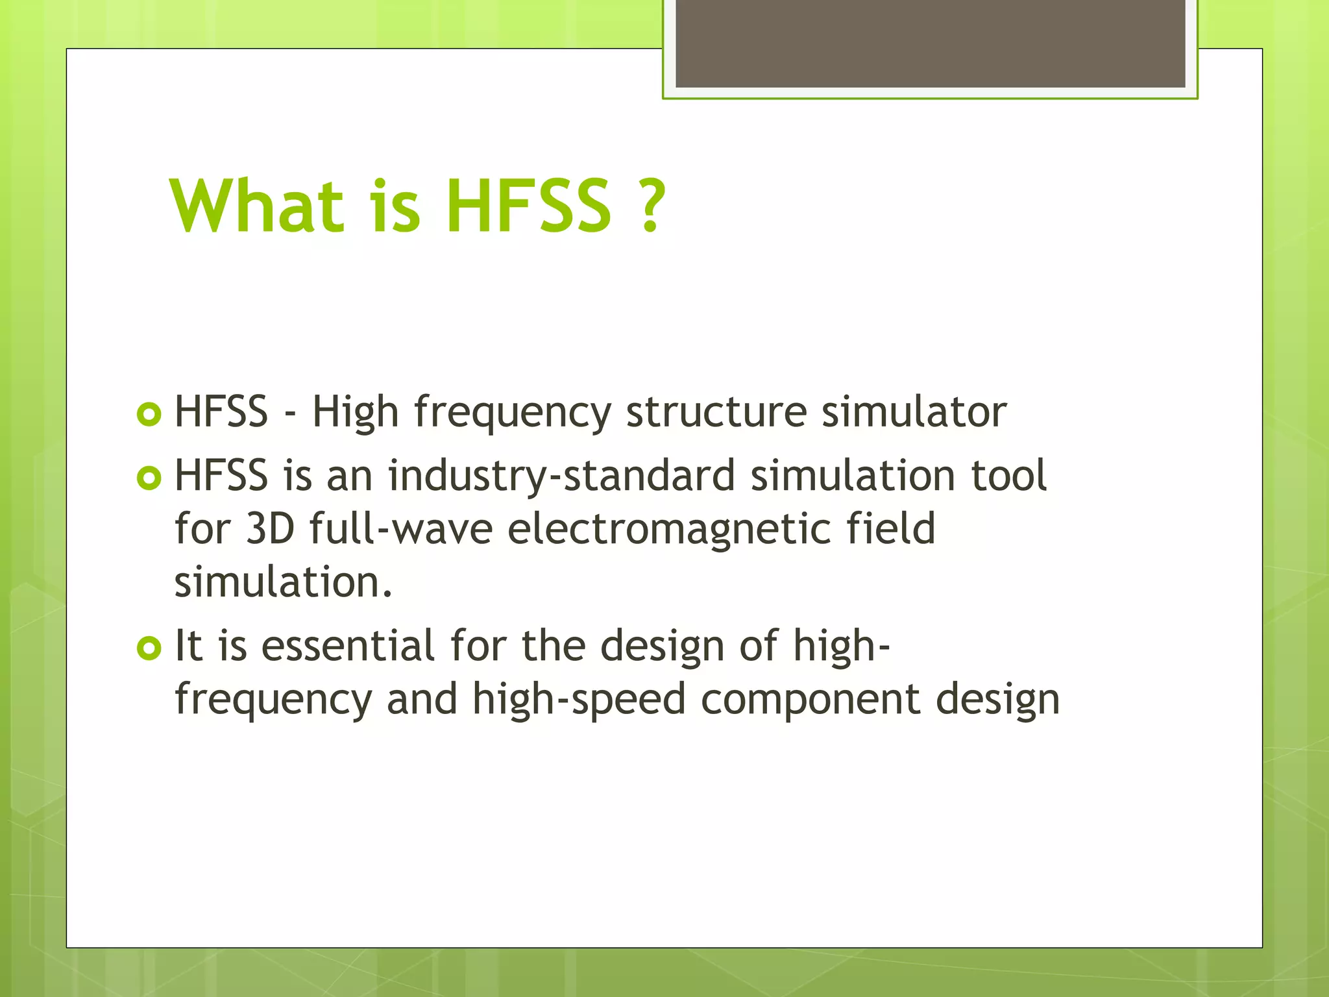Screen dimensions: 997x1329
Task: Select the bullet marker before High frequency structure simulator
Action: coord(149,414)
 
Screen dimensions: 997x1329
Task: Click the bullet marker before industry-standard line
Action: coord(149,478)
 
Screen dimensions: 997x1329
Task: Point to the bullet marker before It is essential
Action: coord(149,648)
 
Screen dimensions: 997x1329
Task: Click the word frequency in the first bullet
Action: coord(513,413)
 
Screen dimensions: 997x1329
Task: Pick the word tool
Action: coord(1008,476)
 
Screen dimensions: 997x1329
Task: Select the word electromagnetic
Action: coord(669,528)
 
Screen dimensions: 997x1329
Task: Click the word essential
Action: coord(348,646)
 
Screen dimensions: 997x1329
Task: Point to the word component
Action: coord(811,699)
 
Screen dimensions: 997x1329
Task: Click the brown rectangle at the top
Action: coord(930,43)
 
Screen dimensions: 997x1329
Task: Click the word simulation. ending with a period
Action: coord(284,582)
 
